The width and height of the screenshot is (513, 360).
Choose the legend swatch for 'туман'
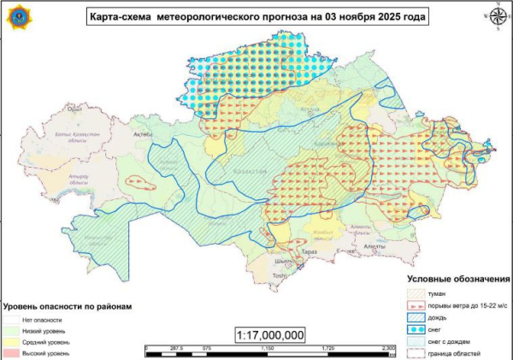tap(417, 293)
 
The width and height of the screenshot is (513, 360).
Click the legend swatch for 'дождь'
tap(417, 317)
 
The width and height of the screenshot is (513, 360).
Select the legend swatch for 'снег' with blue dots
tap(417, 329)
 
